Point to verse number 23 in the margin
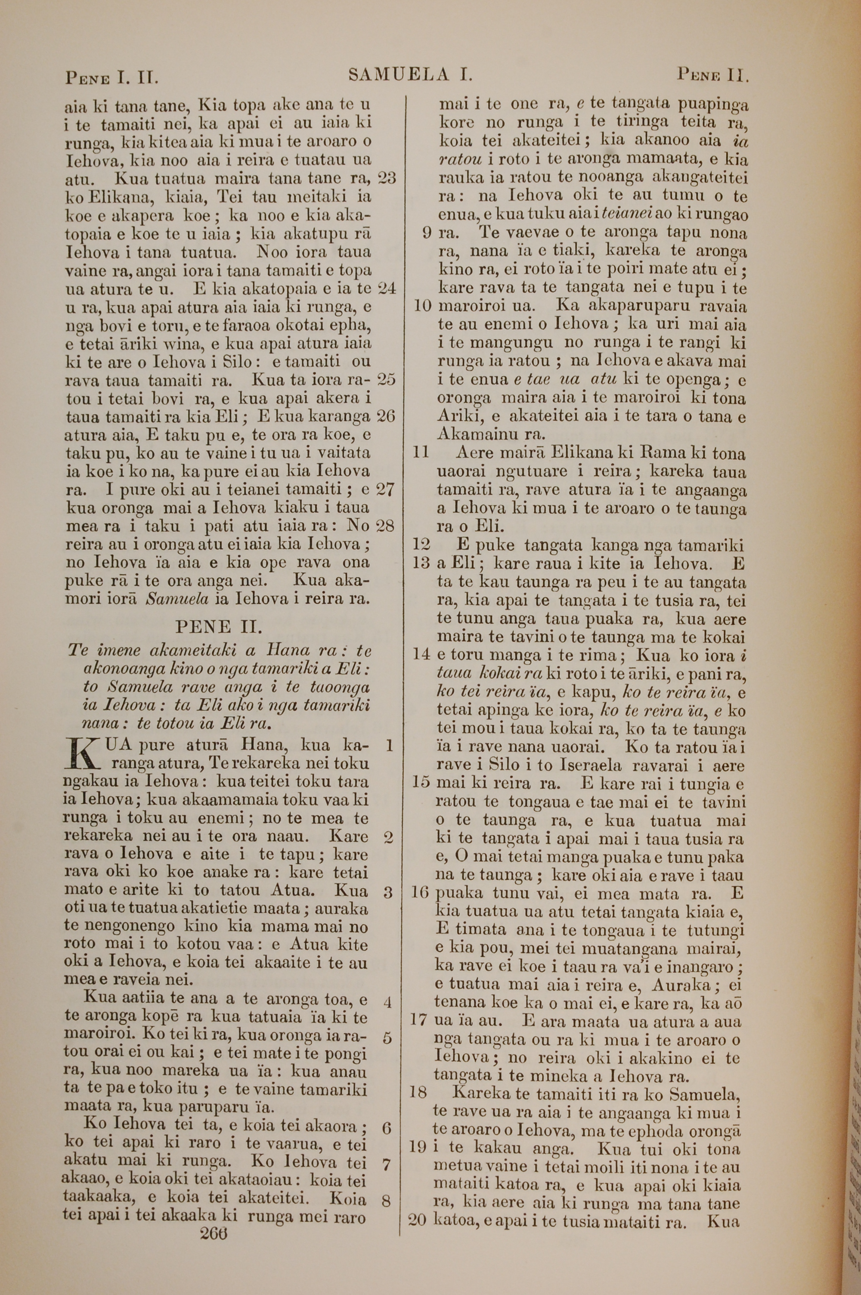(x=387, y=178)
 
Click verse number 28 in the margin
(x=387, y=526)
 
